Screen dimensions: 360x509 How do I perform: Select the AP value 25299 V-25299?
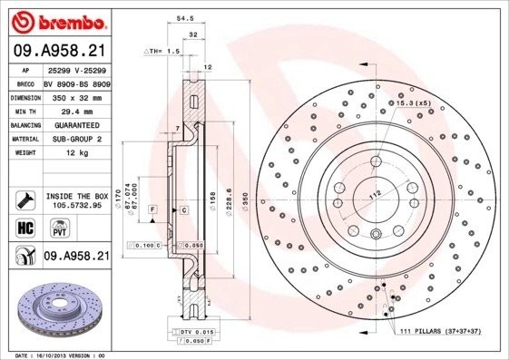click(x=76, y=70)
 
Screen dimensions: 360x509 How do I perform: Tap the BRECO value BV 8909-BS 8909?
click(x=76, y=83)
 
